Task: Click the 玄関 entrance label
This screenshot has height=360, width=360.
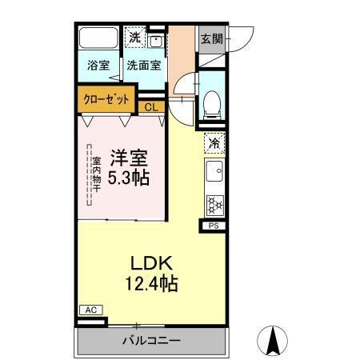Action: [211, 38]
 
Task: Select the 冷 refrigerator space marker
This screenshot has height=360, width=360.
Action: [214, 144]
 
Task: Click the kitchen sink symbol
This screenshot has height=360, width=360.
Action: [214, 172]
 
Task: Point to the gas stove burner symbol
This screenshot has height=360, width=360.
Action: [214, 204]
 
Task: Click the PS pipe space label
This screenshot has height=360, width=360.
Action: [214, 226]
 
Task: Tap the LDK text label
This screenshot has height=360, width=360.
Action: [151, 263]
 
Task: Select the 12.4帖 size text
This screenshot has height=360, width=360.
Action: [151, 282]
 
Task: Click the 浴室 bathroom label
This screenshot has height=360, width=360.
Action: [98, 66]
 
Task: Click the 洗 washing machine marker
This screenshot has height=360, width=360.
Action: [135, 37]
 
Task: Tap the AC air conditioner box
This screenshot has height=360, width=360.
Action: [90, 310]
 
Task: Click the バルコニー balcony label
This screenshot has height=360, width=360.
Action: [151, 340]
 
